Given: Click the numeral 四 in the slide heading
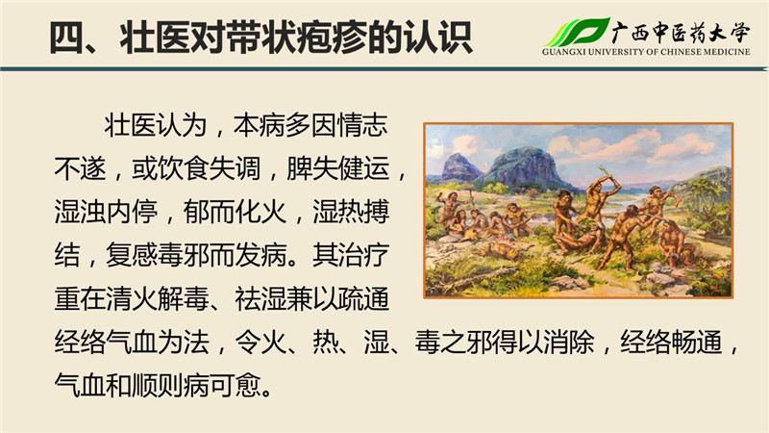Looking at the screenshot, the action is [67, 38].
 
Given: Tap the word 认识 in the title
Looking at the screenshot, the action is [439, 38].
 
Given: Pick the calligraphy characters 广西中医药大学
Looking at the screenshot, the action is [682, 32].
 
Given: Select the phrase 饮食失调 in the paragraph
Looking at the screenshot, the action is [209, 168].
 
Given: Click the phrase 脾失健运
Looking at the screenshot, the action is [338, 168].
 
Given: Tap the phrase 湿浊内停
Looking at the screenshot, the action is [106, 212].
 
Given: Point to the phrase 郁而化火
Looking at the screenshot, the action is [235, 212].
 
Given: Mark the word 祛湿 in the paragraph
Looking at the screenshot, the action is [260, 298].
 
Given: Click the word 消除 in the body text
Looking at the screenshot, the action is [569, 342].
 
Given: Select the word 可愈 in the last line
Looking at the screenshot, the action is [235, 385].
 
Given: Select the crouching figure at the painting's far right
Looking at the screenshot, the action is [678, 243].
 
